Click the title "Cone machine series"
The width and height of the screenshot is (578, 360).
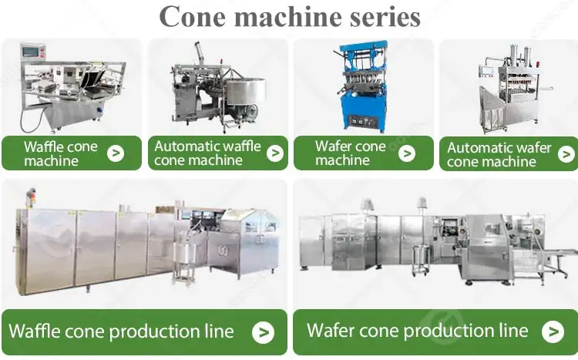click(x=289, y=16)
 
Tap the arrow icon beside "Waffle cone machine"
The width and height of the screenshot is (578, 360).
click(x=115, y=153)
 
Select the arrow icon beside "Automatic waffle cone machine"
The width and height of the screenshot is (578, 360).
click(x=274, y=153)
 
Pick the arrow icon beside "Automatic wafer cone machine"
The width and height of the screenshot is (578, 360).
click(x=566, y=154)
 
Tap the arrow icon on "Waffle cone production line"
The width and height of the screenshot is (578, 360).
click(x=264, y=332)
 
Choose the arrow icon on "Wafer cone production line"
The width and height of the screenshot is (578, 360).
click(x=553, y=331)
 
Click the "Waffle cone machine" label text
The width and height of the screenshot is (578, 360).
click(x=55, y=153)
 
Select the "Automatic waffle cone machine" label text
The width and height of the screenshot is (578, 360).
click(x=207, y=153)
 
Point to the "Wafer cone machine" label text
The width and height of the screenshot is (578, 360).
click(x=350, y=153)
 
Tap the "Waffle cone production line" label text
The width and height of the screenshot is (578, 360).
click(x=121, y=332)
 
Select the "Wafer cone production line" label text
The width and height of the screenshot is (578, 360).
click(x=417, y=331)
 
